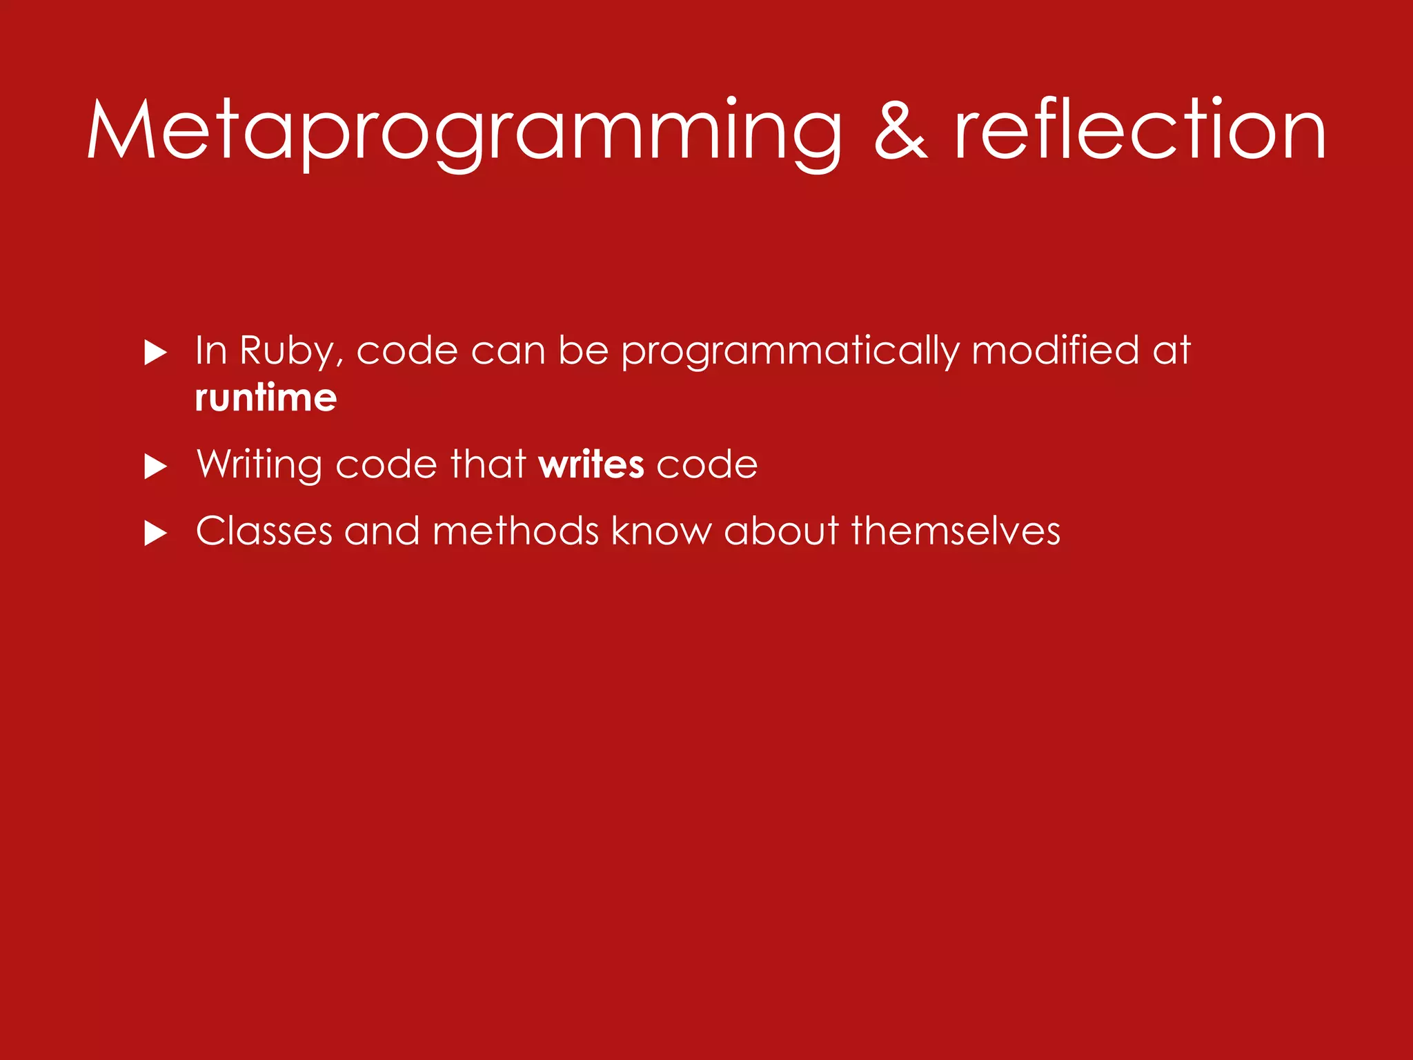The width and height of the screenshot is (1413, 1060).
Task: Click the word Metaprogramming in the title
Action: pyautogui.click(x=464, y=131)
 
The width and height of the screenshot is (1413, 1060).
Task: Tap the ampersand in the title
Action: pyautogui.click(x=900, y=131)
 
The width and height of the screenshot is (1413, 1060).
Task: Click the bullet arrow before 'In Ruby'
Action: pyautogui.click(x=155, y=353)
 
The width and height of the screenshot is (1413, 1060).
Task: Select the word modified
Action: pyautogui.click(x=1055, y=350)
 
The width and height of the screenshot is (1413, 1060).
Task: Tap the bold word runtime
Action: pyautogui.click(x=266, y=398)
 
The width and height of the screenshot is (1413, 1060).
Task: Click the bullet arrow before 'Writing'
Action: pyautogui.click(x=155, y=467)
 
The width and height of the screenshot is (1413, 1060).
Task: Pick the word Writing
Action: pyautogui.click(x=259, y=465)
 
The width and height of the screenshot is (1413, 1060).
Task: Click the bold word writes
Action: pyautogui.click(x=591, y=464)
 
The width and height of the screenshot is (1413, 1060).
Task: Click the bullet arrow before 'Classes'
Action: pyautogui.click(x=155, y=533)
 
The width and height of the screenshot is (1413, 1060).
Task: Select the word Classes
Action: pyautogui.click(x=264, y=531)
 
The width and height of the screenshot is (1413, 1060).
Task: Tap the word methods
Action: pyautogui.click(x=515, y=531)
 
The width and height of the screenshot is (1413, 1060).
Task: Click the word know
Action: pyautogui.click(x=661, y=531)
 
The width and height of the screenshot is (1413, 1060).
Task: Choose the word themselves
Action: pyautogui.click(x=956, y=531)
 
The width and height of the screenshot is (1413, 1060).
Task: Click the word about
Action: pyautogui.click(x=781, y=531)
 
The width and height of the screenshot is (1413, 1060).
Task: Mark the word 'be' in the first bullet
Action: pyautogui.click(x=583, y=350)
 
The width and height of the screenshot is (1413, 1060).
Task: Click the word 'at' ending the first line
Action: pyautogui.click(x=1172, y=350)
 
